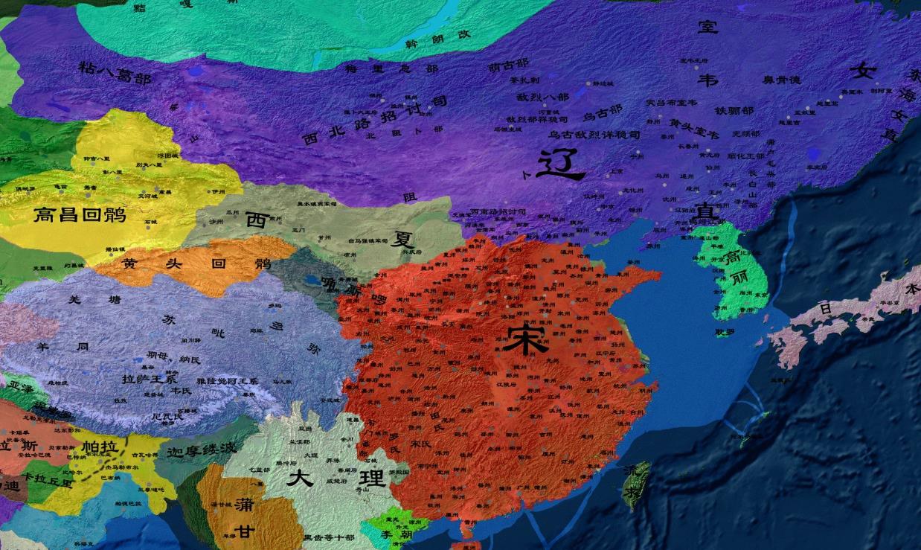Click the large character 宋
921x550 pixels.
(525, 339)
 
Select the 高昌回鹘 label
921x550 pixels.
(80, 216)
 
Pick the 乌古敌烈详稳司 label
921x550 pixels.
(594, 135)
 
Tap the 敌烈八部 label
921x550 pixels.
(542, 97)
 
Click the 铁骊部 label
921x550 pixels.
(734, 110)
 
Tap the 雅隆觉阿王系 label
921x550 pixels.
(226, 380)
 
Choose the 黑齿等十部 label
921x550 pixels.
(328, 537)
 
